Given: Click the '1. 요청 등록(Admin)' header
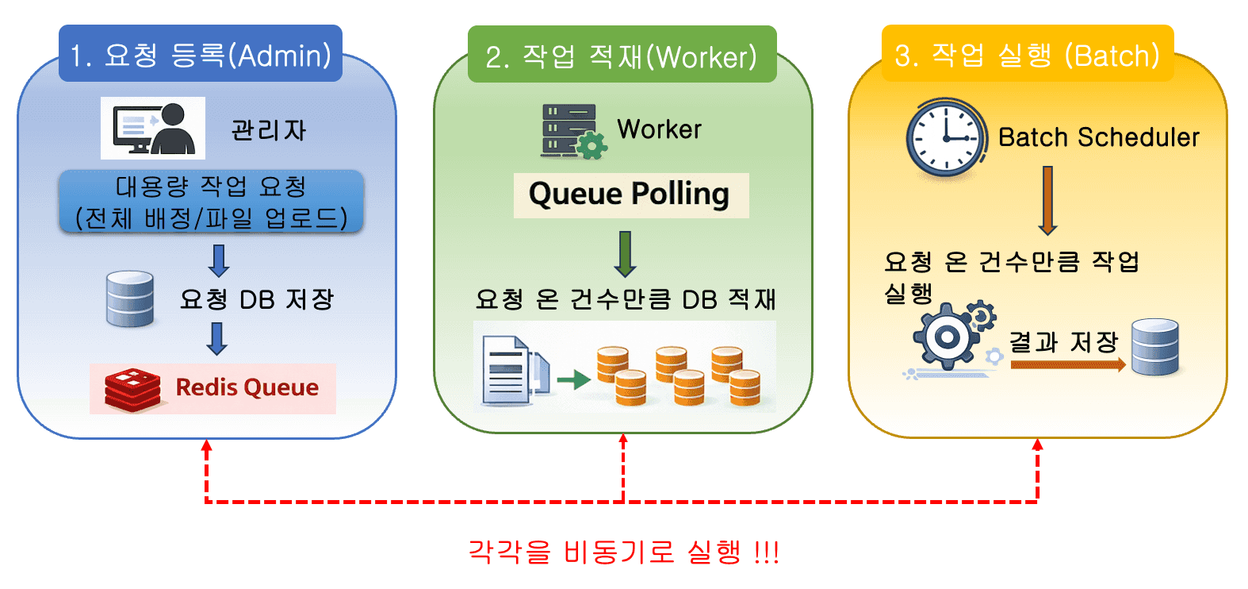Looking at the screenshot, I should [201, 55].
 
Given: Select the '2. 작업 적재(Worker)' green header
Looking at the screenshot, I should [622, 56].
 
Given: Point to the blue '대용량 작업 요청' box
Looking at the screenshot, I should [212, 202].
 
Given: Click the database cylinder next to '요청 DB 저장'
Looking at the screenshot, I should [130, 299].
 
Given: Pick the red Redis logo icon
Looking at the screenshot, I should [132, 389].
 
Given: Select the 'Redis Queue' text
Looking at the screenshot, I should [247, 387].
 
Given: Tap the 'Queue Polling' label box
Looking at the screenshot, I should [630, 194].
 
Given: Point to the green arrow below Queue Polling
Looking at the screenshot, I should [626, 253].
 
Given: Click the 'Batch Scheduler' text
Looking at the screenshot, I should [1098, 137].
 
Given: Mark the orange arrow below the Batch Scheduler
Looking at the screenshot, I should [1047, 200].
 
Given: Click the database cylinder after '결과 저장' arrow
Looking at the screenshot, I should [1154, 347].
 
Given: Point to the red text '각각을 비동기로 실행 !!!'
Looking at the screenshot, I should [624, 551].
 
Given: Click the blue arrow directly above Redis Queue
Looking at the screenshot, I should [217, 338].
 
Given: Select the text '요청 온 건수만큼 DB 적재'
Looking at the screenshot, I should [626, 299].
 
